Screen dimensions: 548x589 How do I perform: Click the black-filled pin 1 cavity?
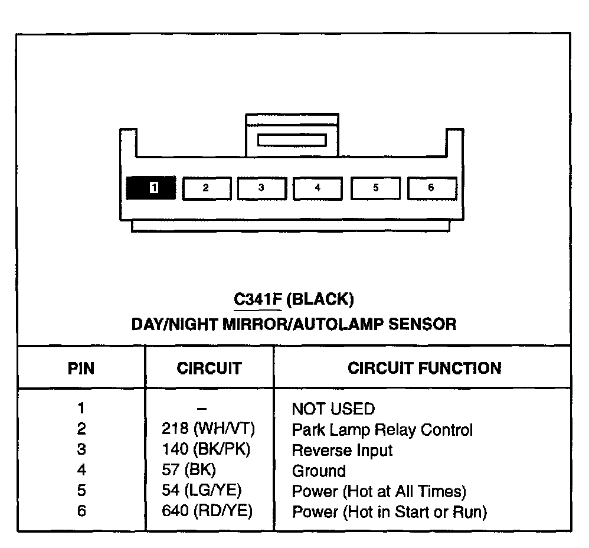(x=151, y=188)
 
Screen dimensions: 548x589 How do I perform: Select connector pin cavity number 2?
(x=205, y=188)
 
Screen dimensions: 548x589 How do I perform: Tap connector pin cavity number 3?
(x=261, y=188)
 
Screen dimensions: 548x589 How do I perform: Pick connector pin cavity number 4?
(x=318, y=188)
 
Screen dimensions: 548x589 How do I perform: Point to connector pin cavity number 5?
(x=375, y=188)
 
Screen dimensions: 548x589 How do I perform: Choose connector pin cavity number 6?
(x=431, y=188)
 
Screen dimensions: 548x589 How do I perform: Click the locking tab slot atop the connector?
(x=292, y=140)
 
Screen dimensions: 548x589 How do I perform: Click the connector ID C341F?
(x=257, y=300)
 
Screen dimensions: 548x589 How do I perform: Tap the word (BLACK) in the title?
(x=320, y=300)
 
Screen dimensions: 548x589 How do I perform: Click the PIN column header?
(x=81, y=369)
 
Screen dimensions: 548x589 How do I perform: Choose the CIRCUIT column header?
(x=209, y=369)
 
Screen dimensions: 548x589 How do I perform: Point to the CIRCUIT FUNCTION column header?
(x=424, y=369)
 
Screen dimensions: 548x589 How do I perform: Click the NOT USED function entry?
(x=333, y=409)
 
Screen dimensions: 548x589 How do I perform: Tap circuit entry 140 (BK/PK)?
(x=207, y=449)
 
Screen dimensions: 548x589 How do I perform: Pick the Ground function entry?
(x=319, y=471)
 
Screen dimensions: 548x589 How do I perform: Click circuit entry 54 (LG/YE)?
(x=202, y=490)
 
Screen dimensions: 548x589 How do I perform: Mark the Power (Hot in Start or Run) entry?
(x=389, y=511)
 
